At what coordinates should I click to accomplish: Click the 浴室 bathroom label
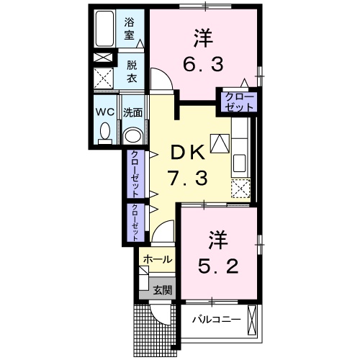click(130, 27)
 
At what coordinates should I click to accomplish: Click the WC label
click(105, 112)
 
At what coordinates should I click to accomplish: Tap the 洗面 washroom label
click(132, 112)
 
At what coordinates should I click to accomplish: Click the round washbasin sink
click(132, 135)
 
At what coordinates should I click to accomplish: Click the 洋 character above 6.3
click(203, 36)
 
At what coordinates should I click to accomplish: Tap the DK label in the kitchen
click(189, 153)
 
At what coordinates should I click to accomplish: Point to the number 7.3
click(189, 177)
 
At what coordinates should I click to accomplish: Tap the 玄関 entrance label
click(162, 290)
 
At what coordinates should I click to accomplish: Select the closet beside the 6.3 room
click(238, 101)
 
